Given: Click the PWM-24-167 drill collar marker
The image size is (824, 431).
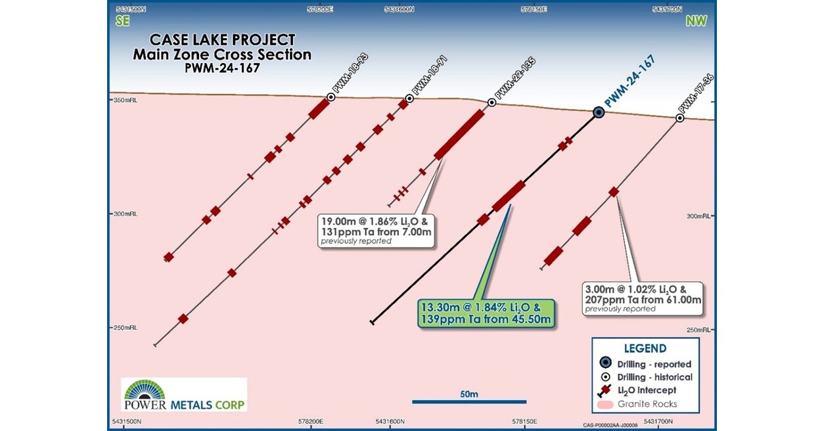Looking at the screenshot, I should (x=599, y=112).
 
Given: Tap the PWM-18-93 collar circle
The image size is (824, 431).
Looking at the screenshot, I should (x=331, y=97).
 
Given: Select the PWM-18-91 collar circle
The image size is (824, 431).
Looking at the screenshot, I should (x=409, y=99).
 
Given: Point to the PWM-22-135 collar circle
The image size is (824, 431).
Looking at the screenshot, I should (x=492, y=103).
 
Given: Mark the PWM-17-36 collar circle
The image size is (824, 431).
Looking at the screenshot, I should (x=680, y=118).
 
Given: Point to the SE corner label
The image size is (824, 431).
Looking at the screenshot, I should (x=123, y=20).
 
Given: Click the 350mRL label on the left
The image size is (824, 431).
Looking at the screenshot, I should (x=125, y=101).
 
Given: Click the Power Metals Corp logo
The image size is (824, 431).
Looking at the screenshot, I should (x=184, y=394).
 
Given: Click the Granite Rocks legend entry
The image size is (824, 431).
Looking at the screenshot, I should (x=647, y=404).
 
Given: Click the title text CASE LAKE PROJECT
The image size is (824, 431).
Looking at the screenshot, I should (x=223, y=40).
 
